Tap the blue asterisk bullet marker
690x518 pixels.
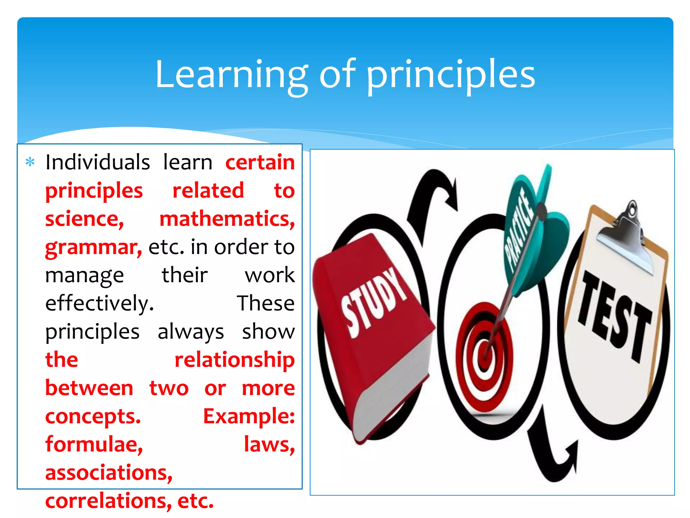(30, 162)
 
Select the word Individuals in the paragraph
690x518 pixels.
(98, 162)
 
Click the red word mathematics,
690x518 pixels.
(227, 219)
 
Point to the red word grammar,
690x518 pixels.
(94, 247)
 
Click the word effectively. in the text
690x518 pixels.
(100, 303)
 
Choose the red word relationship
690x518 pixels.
(234, 359)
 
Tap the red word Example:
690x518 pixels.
(249, 416)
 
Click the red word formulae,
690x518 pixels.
(94, 444)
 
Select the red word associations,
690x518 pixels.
(109, 473)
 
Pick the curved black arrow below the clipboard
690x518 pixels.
(553, 452)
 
